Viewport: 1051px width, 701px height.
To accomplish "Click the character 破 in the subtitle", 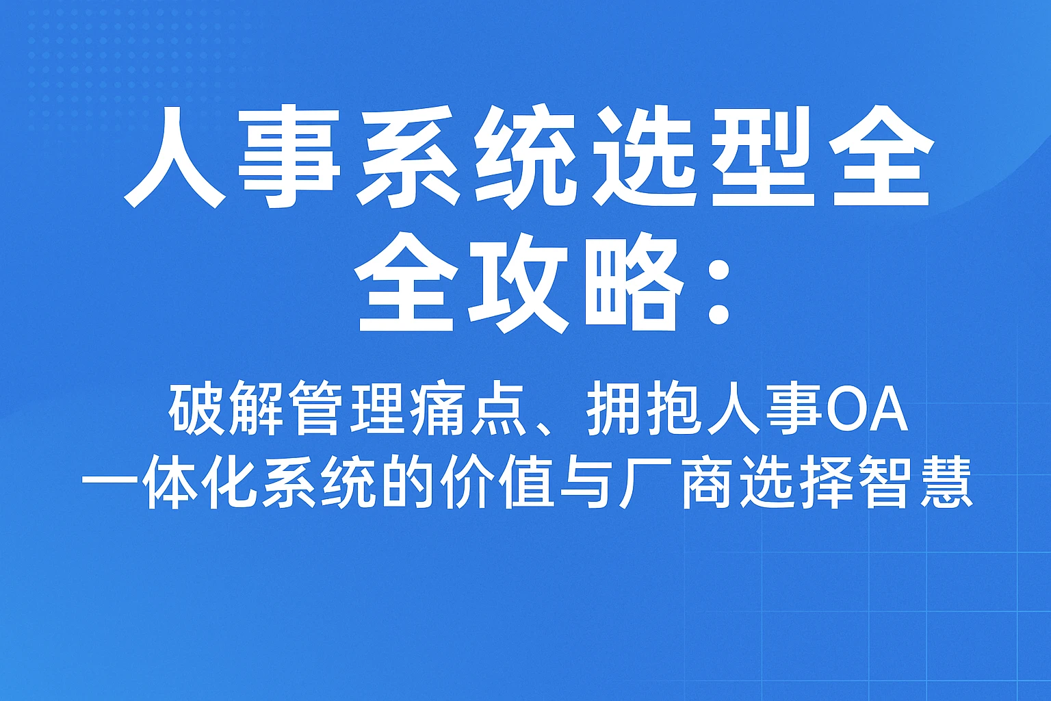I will (x=197, y=411).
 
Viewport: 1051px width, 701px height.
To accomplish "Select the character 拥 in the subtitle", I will (x=616, y=411).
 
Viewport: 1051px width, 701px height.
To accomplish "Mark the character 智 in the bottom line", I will (x=886, y=484).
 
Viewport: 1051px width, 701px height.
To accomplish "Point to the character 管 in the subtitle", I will (x=317, y=411).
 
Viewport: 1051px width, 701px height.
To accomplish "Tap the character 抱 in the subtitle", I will (x=675, y=411).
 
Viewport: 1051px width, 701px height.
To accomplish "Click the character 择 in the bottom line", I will (x=827, y=484).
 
